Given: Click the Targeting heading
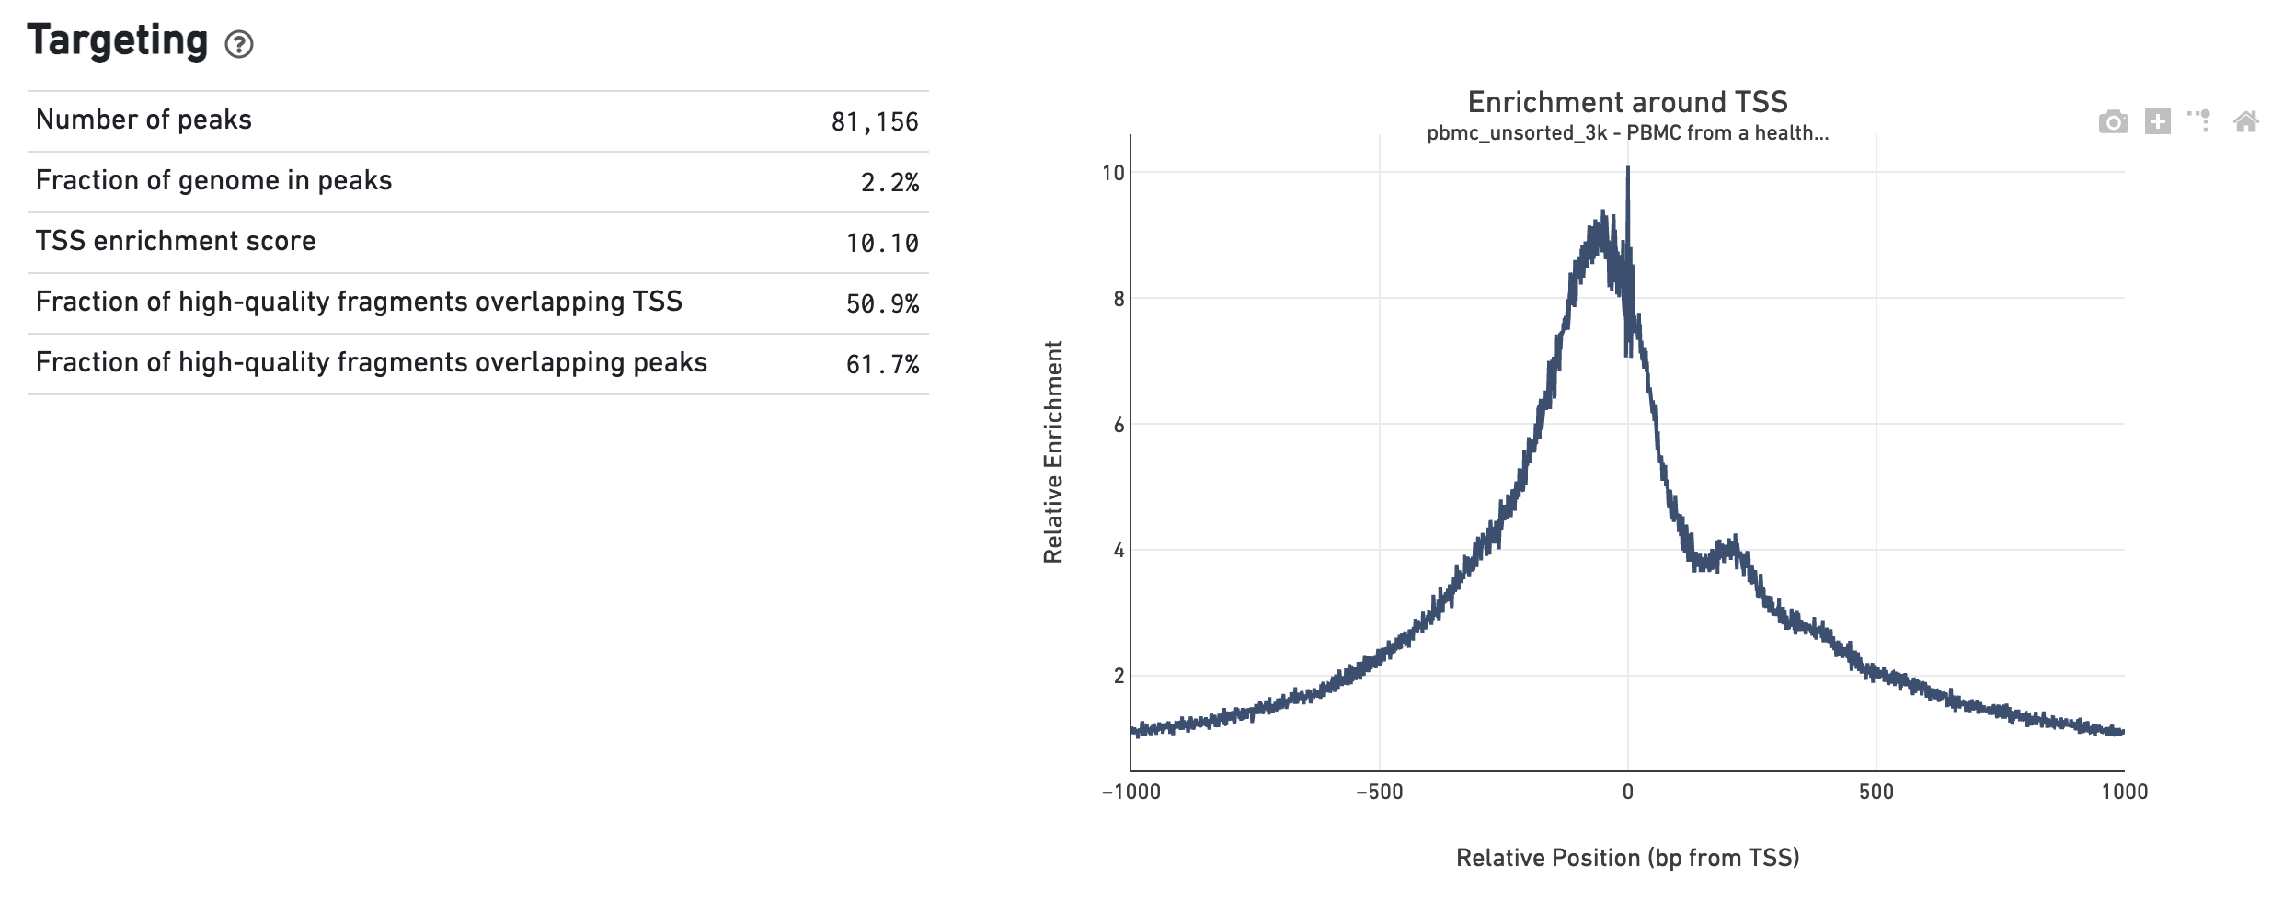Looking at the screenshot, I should [118, 40].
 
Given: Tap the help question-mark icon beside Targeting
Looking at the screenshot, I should [239, 44].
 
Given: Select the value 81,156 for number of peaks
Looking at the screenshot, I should [874, 122].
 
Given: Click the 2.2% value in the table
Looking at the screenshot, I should [889, 183].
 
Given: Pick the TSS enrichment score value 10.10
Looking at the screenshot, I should [881, 244].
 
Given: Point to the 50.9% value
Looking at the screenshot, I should [881, 304].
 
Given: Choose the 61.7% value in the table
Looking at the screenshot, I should [881, 365].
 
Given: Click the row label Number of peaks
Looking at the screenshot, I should [143, 120].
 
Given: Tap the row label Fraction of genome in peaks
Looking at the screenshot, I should [213, 181].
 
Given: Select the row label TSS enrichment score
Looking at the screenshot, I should [176, 242].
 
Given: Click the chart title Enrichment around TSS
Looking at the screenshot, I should [1627, 102].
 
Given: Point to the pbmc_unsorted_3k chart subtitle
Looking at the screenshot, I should [1627, 133].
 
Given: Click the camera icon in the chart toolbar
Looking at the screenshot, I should [2113, 121].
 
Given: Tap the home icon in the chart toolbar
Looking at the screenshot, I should [2245, 121].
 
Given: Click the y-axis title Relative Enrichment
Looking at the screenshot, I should [1053, 451].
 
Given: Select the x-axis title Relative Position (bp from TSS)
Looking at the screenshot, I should [1627, 858].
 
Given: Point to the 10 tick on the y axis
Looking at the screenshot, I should [1113, 173].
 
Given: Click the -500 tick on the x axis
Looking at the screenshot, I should [1379, 793].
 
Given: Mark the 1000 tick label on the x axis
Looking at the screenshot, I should [2124, 793].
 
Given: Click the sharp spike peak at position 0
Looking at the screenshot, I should [1627, 171].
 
